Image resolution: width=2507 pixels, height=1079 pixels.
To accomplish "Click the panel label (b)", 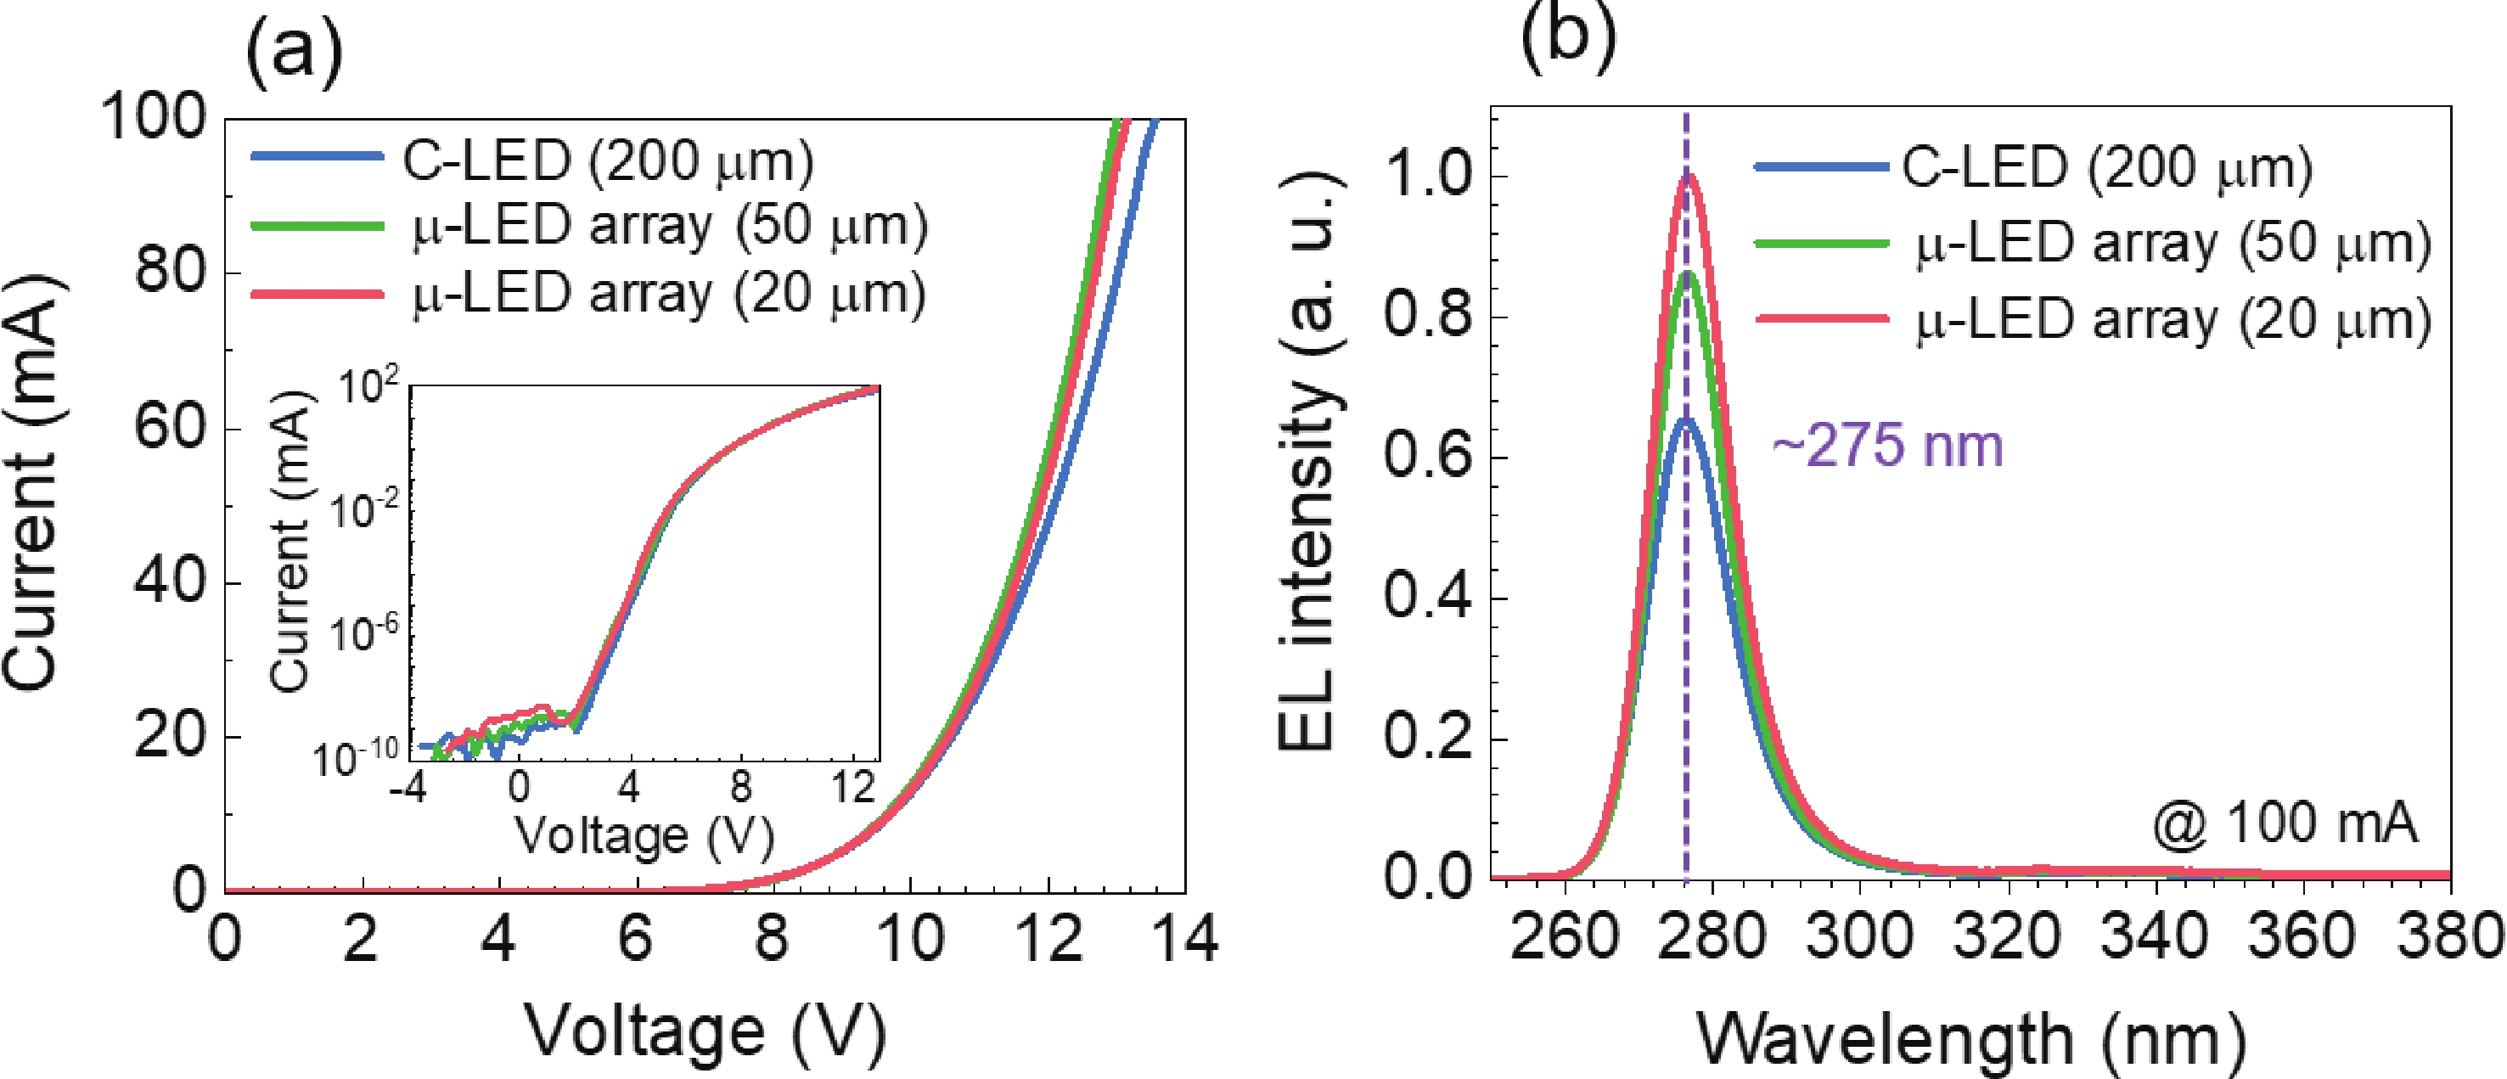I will pos(1568,37).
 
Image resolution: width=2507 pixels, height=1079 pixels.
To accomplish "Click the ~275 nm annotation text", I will pos(1887,447).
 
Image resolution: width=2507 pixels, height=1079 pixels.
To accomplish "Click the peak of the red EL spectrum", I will pos(1689,175).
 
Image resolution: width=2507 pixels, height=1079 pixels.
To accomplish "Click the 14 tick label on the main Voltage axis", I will pos(1183,940).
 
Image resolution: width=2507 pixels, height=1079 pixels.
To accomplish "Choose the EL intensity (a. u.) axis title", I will pos(1308,462).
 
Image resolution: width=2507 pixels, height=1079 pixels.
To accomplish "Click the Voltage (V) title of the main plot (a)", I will pos(705,1031).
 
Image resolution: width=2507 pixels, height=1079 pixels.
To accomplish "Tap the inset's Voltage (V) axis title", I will pos(644,835).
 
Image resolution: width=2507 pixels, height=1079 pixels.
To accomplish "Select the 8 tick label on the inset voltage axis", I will pos(740,786).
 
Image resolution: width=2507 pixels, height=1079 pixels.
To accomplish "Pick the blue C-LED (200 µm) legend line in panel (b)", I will pos(1821,167).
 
